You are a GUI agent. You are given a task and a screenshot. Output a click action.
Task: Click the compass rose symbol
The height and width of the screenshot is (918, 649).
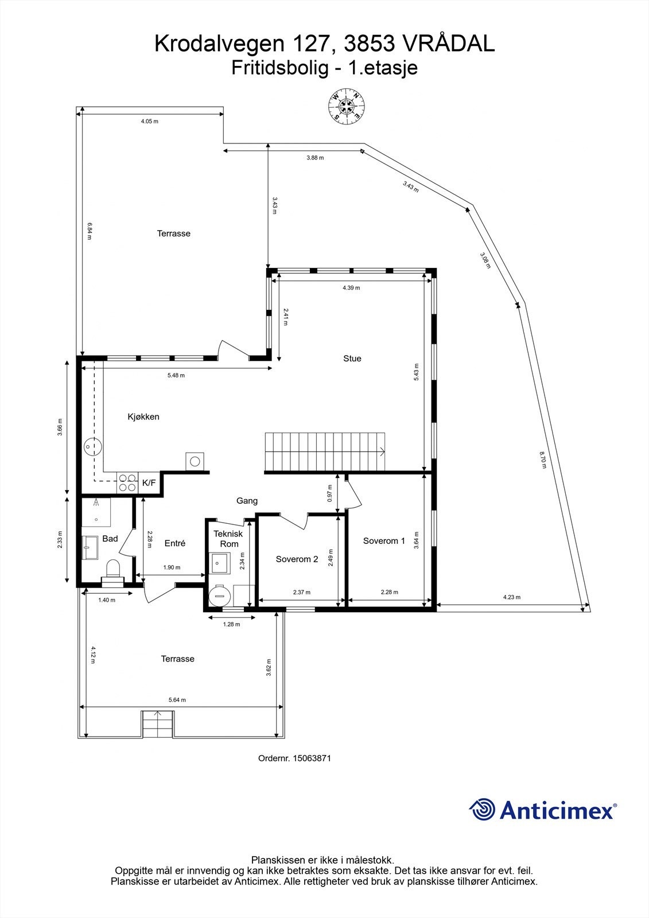click(x=347, y=106)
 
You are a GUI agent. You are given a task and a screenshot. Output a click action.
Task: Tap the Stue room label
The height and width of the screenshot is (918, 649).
click(x=352, y=359)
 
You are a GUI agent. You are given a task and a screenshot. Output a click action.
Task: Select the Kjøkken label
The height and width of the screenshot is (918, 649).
click(x=143, y=417)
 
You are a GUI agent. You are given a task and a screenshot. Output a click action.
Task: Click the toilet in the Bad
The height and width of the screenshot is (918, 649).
click(x=113, y=570)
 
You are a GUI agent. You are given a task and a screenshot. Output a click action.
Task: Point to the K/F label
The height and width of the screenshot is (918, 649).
click(x=149, y=483)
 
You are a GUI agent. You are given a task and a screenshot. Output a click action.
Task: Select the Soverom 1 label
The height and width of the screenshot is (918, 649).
click(x=384, y=541)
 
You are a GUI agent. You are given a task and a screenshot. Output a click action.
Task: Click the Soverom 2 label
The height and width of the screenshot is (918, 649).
click(x=297, y=559)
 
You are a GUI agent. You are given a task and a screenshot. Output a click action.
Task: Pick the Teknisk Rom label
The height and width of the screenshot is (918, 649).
click(x=228, y=539)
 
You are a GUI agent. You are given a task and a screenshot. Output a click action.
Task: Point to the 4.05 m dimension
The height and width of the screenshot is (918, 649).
click(x=149, y=122)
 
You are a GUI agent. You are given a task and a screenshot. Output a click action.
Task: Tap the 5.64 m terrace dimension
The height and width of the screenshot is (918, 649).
click(x=177, y=700)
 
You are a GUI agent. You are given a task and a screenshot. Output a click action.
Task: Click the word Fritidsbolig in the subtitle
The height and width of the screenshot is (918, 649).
click(x=281, y=68)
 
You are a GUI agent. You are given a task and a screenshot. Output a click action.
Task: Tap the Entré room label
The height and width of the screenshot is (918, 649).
click(x=175, y=543)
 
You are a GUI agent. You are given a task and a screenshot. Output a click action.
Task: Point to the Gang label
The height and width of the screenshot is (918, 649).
click(x=247, y=501)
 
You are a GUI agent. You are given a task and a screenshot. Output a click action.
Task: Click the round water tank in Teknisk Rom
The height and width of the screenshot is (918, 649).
click(x=218, y=594)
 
